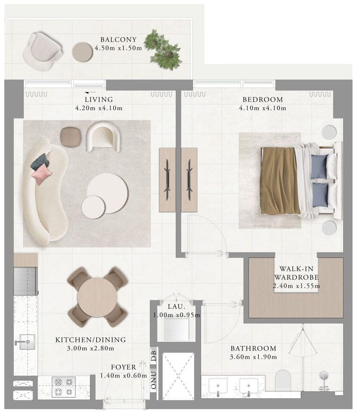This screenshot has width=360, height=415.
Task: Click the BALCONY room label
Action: [x=119, y=40]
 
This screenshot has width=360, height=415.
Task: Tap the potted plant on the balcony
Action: [x=163, y=50]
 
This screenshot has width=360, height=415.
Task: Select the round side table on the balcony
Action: [x=82, y=52]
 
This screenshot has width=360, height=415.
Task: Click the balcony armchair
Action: [x=42, y=52]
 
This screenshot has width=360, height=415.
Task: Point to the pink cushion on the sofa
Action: [x=41, y=174]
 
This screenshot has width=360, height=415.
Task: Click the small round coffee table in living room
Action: [x=93, y=207]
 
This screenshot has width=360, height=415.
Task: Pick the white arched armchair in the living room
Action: [x=103, y=136]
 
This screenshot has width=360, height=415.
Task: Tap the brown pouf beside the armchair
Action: [x=70, y=137]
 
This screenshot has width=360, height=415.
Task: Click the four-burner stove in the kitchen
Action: [x=64, y=387]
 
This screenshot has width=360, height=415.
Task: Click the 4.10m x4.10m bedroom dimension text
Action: [x=262, y=108]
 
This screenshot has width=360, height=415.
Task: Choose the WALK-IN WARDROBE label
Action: [x=296, y=273]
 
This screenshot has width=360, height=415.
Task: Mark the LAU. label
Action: [x=176, y=306]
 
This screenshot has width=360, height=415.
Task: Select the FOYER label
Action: [x=123, y=367]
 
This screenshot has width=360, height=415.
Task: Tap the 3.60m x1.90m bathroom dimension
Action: [x=253, y=357]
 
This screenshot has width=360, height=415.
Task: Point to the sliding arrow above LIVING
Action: [x=90, y=93]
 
